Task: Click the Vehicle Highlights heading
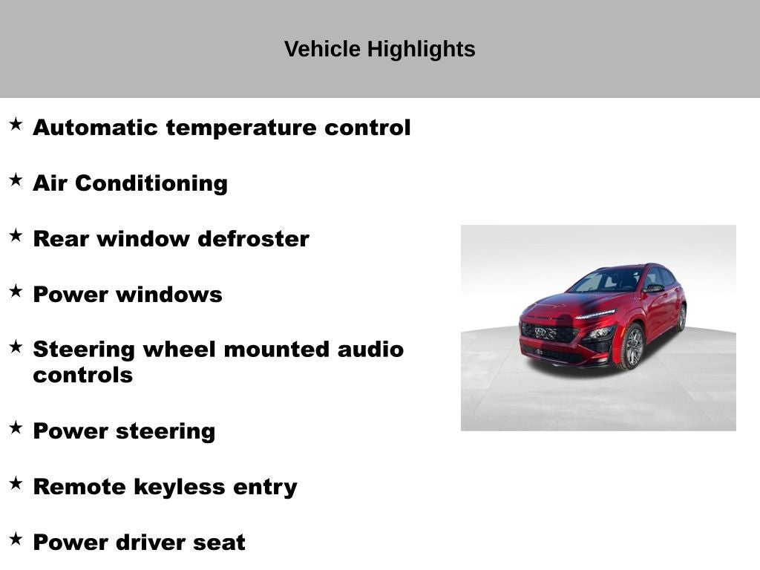pos(379,50)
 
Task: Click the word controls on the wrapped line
pos(82,375)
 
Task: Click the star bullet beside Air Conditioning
pos(16,180)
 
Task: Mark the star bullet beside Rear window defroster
pos(16,236)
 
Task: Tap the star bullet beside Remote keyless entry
pos(16,484)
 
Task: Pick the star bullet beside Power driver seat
pos(16,540)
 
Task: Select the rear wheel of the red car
pos(681,318)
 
